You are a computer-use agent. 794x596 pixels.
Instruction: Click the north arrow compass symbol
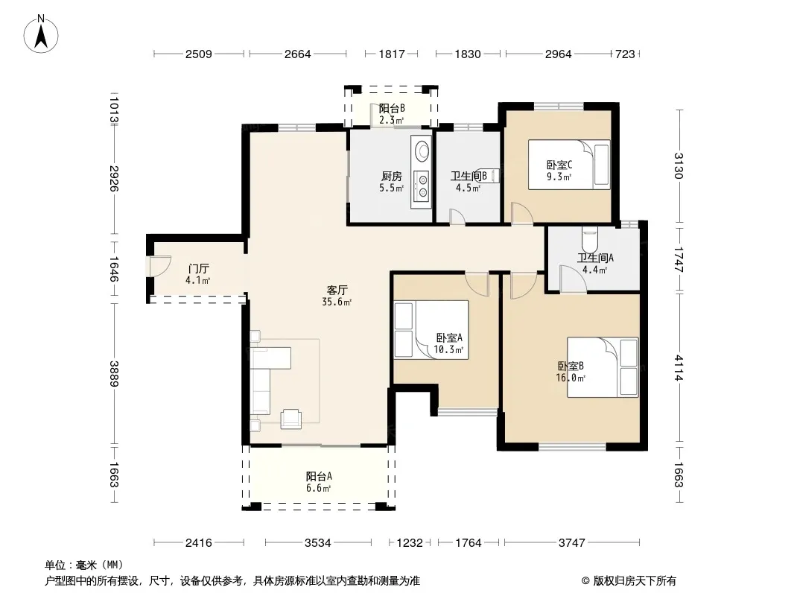(41, 34)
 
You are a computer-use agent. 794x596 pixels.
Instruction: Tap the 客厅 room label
(337, 290)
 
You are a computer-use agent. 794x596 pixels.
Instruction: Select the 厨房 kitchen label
(392, 177)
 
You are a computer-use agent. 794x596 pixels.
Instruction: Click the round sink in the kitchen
(422, 150)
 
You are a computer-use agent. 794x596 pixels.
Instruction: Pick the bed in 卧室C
(569, 165)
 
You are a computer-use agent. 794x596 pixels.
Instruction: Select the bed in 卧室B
(603, 367)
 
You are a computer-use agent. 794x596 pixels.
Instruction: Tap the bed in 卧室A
(431, 329)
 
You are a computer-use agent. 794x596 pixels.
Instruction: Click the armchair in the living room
(291, 418)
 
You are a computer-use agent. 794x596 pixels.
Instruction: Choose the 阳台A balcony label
(319, 477)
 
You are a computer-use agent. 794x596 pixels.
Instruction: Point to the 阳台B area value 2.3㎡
(392, 121)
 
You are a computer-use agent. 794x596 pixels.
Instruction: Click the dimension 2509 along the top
(198, 54)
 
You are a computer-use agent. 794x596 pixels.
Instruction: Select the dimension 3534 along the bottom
(318, 543)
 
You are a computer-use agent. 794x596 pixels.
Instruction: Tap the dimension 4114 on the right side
(679, 368)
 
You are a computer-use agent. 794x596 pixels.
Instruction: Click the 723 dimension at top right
(625, 54)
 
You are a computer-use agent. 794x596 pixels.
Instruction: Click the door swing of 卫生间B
(457, 217)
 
